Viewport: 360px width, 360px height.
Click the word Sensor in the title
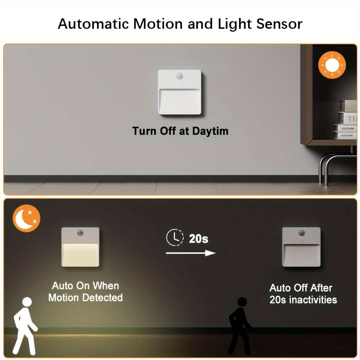tap(279, 24)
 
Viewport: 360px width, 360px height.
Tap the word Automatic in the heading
tap(93, 24)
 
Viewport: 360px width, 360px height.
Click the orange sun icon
tap(332, 65)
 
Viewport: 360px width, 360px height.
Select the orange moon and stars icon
tap(26, 218)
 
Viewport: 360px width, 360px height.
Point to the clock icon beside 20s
tap(175, 237)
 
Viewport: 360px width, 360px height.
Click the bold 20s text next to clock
tap(199, 239)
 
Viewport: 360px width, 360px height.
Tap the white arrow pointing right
tap(190, 253)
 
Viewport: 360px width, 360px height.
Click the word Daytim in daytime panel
tap(210, 131)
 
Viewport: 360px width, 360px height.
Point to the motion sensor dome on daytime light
tap(180, 76)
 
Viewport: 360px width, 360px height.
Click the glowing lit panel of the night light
tap(80, 255)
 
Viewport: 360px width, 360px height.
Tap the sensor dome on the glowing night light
tap(80, 233)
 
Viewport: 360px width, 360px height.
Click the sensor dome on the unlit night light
tap(301, 233)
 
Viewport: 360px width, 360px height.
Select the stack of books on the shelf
tap(345, 120)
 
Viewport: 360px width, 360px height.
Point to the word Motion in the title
tap(158, 24)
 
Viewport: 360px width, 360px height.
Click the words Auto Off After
tap(301, 288)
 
